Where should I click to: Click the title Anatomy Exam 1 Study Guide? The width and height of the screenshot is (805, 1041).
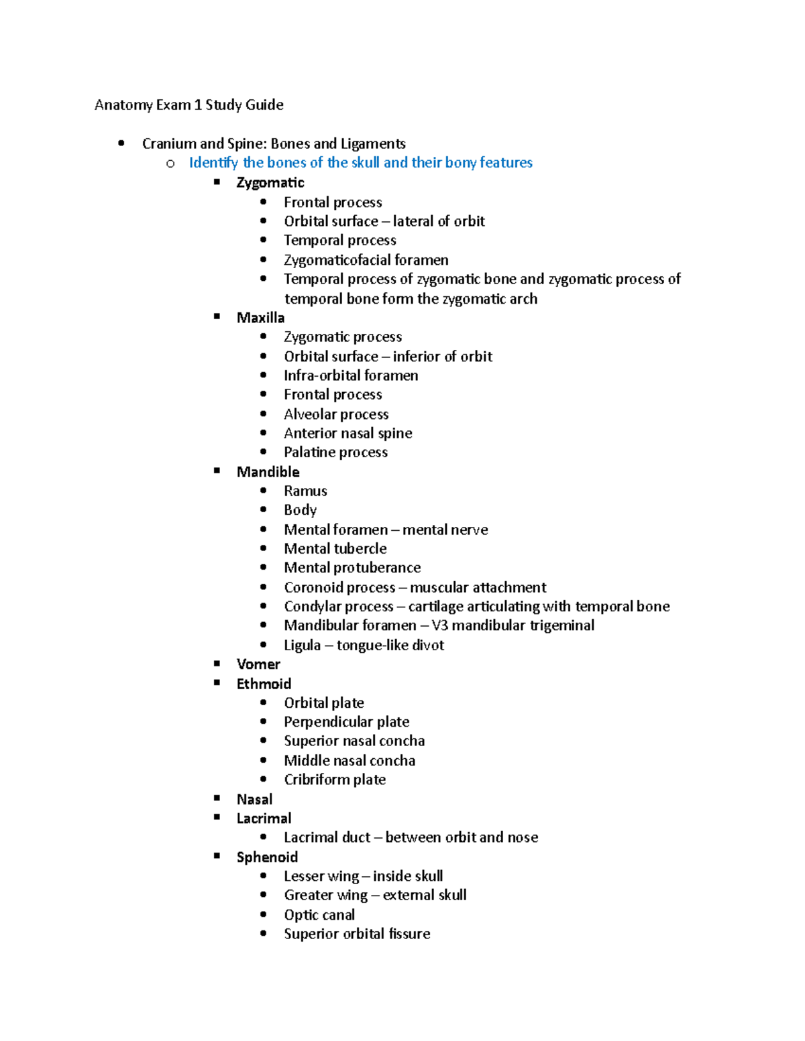coord(189,105)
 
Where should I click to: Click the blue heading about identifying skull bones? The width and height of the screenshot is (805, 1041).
coord(360,162)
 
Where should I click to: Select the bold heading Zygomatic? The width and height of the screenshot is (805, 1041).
coord(270,182)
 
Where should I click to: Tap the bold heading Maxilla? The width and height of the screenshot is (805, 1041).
coord(260,318)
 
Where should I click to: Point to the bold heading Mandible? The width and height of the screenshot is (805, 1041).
coord(268,472)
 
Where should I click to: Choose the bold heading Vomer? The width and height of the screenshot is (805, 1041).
coord(258,664)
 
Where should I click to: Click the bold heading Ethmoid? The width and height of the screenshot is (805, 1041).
coord(264,684)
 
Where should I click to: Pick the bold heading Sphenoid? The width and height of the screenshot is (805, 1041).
coord(267,857)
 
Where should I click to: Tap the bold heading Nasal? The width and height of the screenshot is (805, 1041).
coord(254,799)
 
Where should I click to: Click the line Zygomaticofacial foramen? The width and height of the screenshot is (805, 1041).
coord(366,260)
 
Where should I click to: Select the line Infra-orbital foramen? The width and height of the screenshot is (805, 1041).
coord(351,375)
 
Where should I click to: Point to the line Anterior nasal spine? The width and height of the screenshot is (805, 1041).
coord(347,433)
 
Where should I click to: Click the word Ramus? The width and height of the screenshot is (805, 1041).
coord(305,491)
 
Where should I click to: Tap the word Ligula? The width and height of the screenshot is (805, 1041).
coord(302,645)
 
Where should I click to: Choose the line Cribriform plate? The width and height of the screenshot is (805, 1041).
coord(334,780)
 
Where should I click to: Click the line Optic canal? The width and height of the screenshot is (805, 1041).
coord(319,915)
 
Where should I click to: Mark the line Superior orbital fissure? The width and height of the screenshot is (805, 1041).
coord(356,934)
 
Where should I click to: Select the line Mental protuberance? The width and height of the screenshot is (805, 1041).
coord(352,568)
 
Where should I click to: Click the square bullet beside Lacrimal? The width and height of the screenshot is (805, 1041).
coord(217,817)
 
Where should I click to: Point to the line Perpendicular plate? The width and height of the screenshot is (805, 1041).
coord(346,722)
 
